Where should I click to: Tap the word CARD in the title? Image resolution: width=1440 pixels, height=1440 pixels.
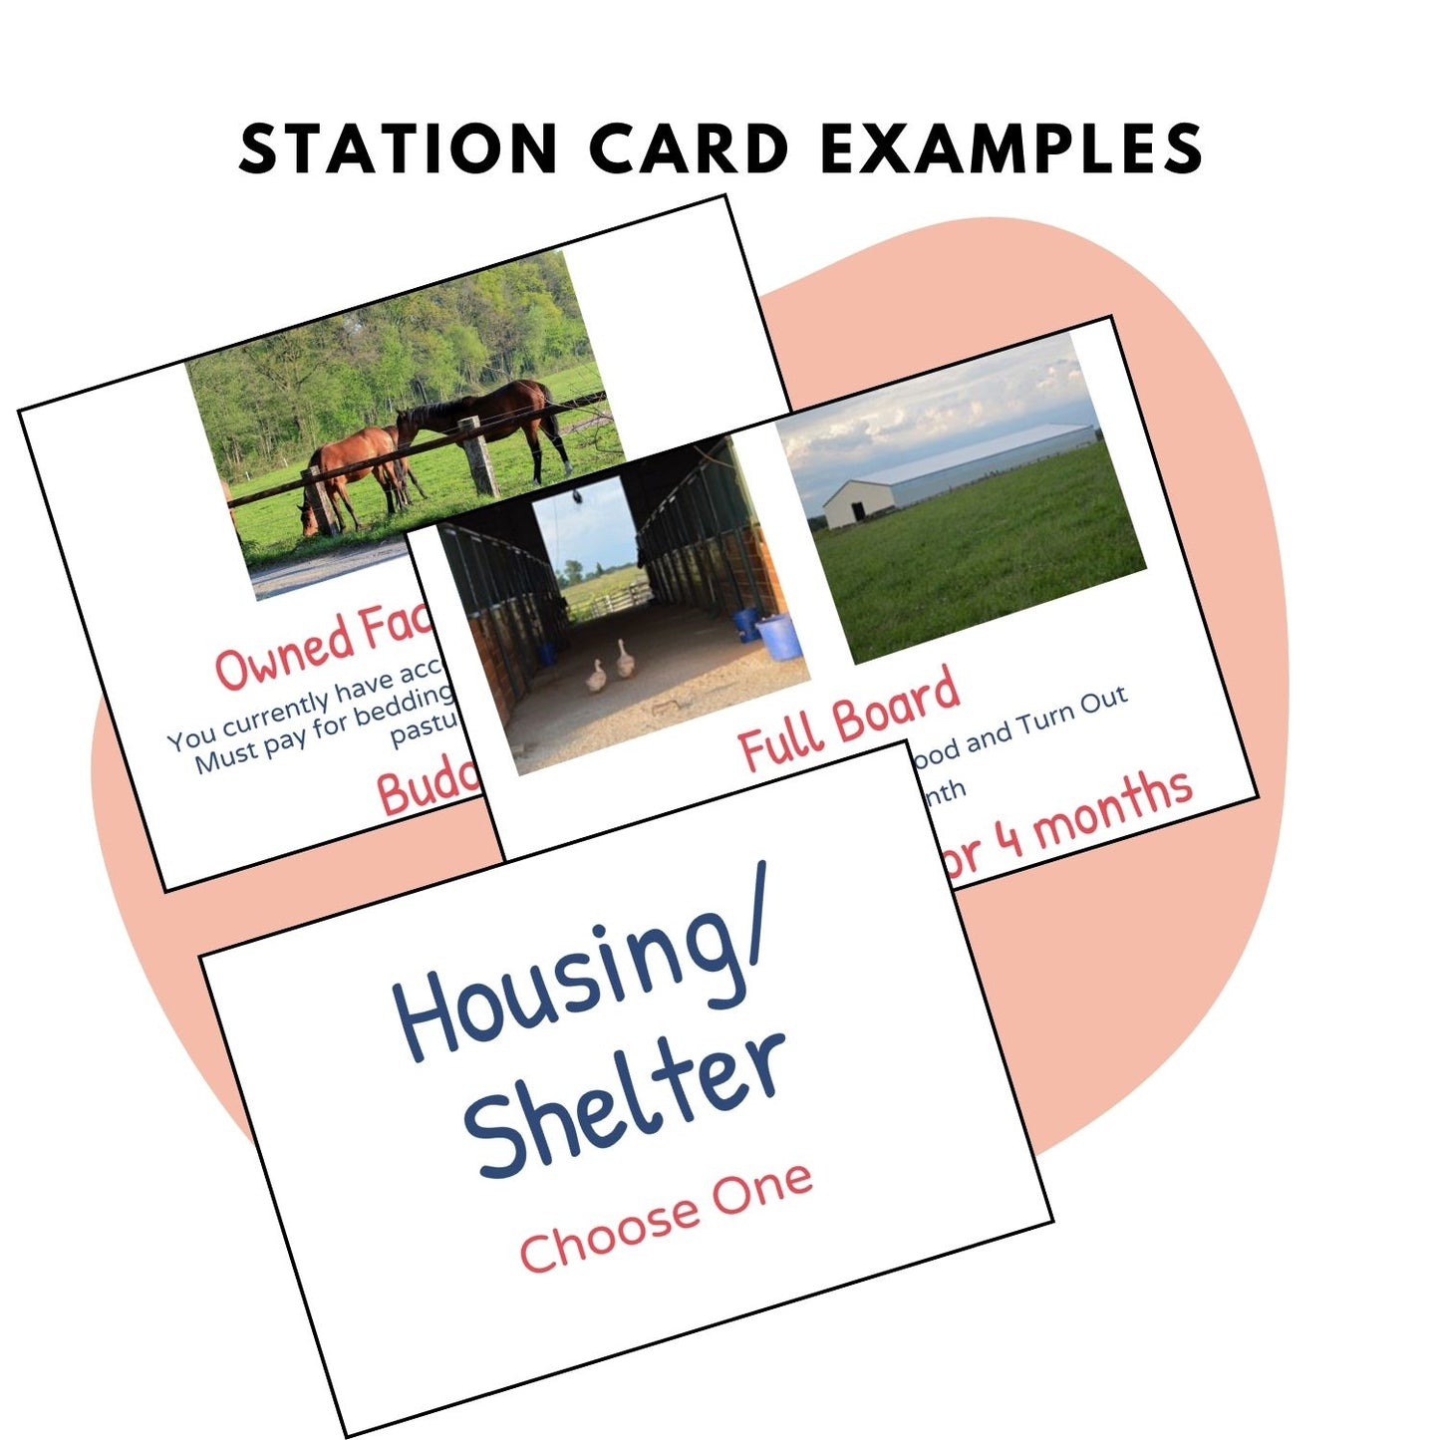(690, 148)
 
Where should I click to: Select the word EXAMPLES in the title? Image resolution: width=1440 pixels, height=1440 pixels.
(1011, 148)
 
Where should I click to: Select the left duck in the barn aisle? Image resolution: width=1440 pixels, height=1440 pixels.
(595, 677)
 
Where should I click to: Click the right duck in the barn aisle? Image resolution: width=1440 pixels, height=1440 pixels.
(625, 661)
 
